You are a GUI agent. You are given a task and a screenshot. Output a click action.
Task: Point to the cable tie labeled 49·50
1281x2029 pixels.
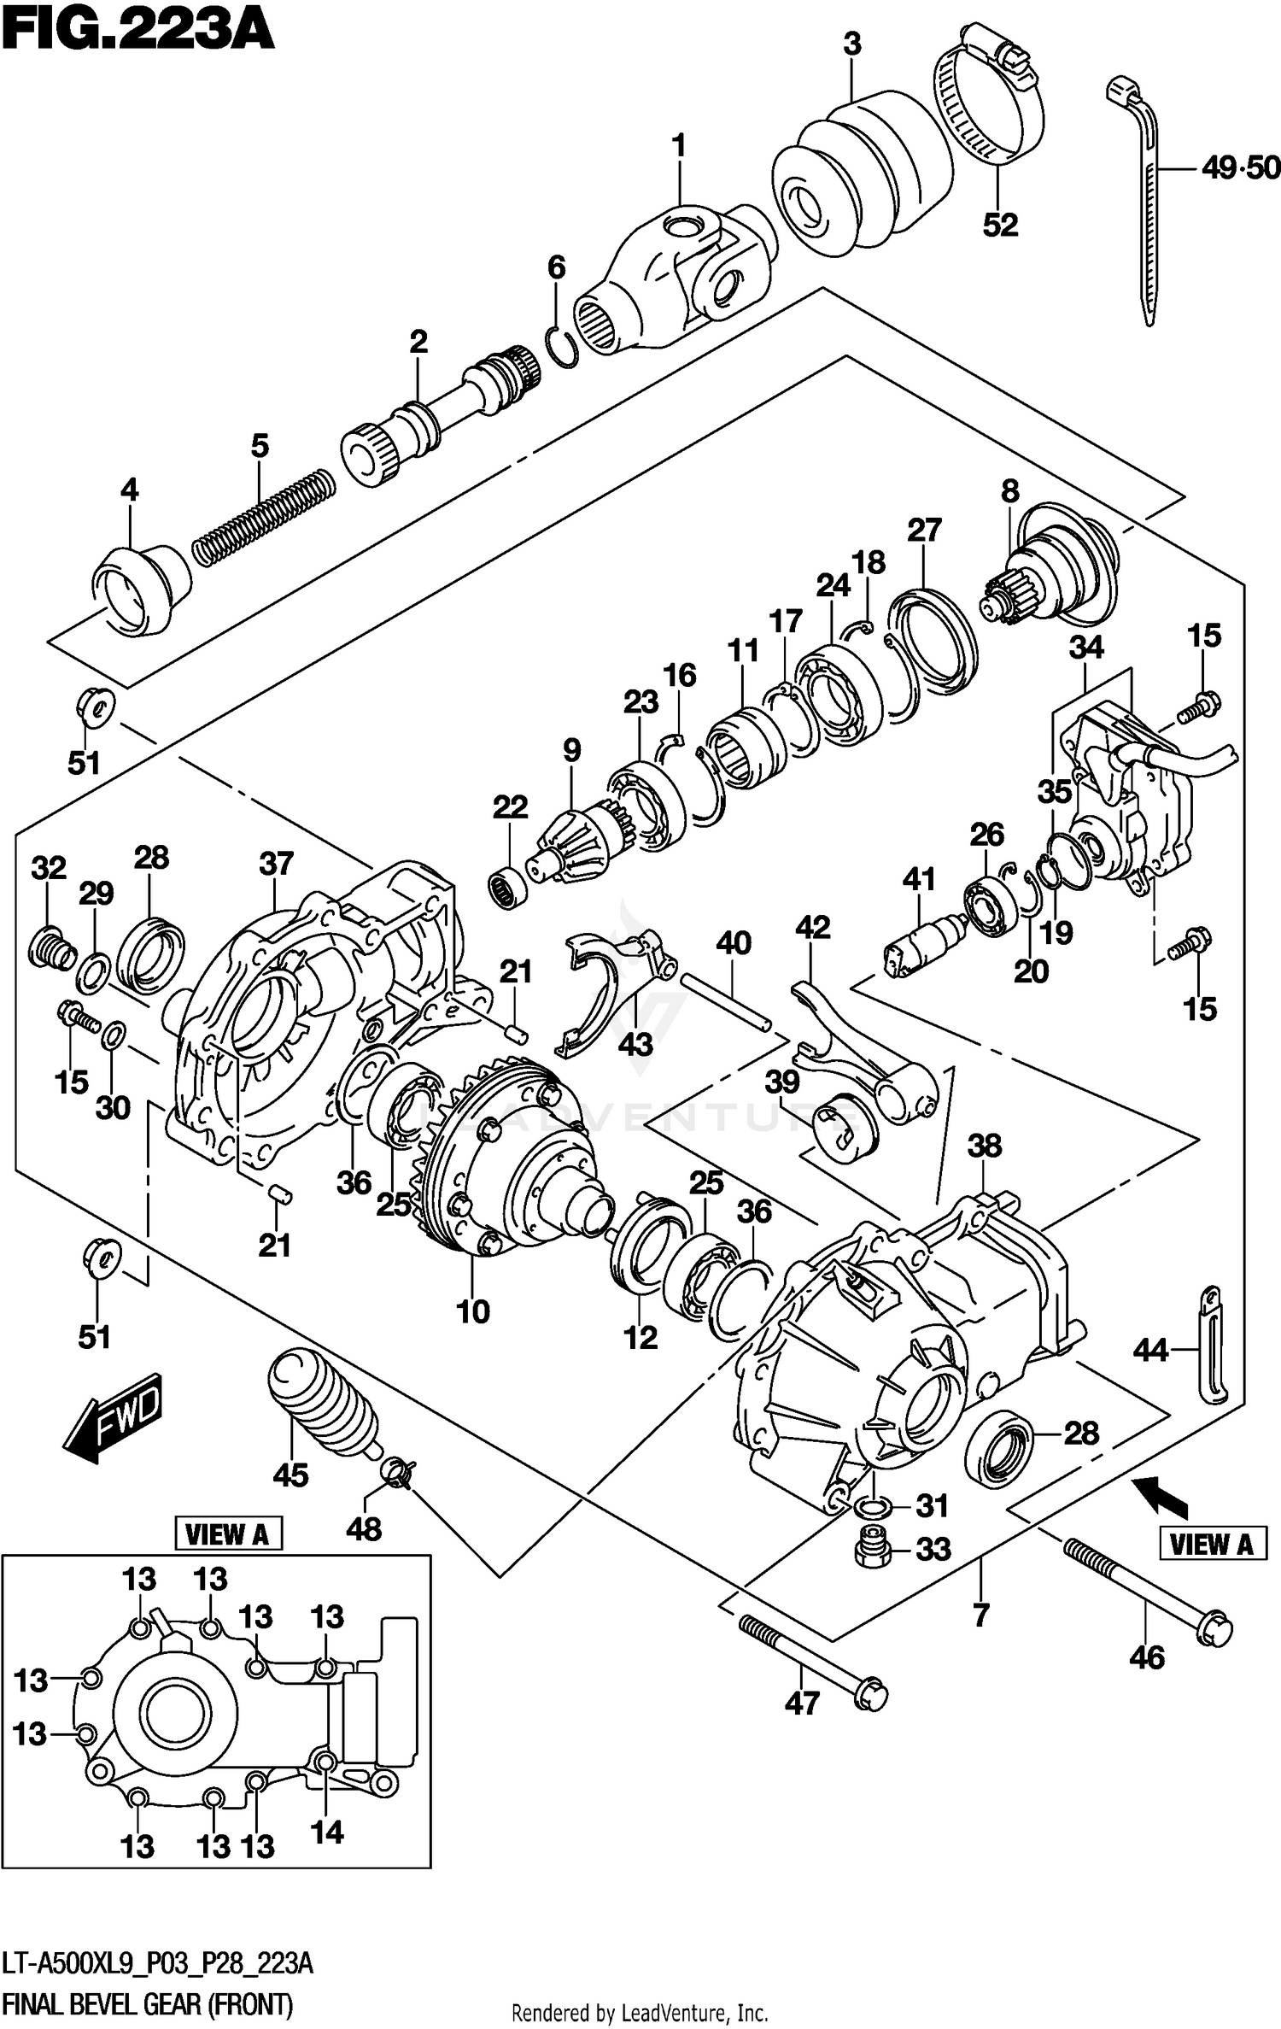pyautogui.click(x=1144, y=196)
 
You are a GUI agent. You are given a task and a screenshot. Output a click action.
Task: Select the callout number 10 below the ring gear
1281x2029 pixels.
pyautogui.click(x=472, y=1311)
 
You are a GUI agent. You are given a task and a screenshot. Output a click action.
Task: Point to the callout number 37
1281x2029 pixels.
pyautogui.click(x=276, y=864)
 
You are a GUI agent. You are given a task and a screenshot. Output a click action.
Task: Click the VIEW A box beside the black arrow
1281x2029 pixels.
pyautogui.click(x=1211, y=1544)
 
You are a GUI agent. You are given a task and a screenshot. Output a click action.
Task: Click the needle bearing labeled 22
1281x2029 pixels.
pyautogui.click(x=509, y=886)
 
